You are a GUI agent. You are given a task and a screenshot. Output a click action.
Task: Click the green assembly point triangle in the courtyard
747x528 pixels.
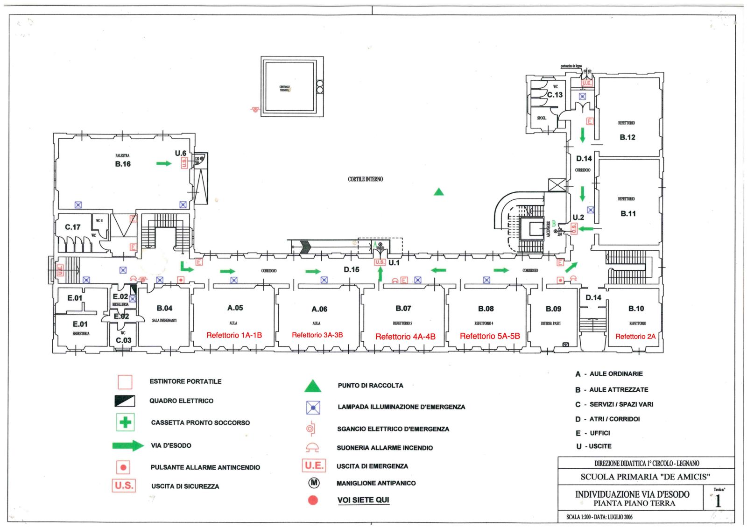438,192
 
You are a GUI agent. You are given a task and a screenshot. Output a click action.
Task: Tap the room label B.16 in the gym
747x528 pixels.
123,164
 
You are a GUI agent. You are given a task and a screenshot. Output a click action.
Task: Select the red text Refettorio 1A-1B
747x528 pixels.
234,335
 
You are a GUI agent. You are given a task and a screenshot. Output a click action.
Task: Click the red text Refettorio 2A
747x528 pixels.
635,336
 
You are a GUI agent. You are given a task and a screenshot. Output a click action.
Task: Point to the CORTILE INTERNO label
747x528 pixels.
365,179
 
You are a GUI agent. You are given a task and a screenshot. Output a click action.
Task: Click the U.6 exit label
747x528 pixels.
180,153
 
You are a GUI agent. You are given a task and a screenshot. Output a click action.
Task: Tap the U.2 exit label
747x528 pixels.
578,217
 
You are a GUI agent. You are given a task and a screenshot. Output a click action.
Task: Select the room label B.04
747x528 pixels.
164,308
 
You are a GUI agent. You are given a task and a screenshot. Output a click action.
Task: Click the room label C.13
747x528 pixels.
555,95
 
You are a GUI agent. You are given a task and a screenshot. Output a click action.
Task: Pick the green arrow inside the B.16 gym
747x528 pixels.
164,163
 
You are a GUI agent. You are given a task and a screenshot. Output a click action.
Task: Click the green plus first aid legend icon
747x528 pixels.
125,422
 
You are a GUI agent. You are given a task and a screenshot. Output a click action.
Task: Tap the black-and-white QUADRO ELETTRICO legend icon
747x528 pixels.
125,401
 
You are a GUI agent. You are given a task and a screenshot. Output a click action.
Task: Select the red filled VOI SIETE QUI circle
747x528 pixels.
313,500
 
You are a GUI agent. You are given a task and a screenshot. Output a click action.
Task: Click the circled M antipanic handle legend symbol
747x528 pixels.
314,483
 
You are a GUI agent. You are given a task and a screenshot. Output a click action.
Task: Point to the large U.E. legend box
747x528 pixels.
314,465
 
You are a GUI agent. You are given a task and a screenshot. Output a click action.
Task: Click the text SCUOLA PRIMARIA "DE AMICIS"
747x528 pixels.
645,477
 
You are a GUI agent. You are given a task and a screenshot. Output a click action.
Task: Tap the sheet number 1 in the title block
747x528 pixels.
718,501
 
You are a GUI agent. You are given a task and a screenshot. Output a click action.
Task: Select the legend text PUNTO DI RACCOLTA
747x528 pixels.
370,386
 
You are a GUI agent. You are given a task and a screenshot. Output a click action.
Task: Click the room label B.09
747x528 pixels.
553,309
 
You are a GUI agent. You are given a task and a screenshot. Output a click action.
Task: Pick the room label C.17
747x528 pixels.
72,227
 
